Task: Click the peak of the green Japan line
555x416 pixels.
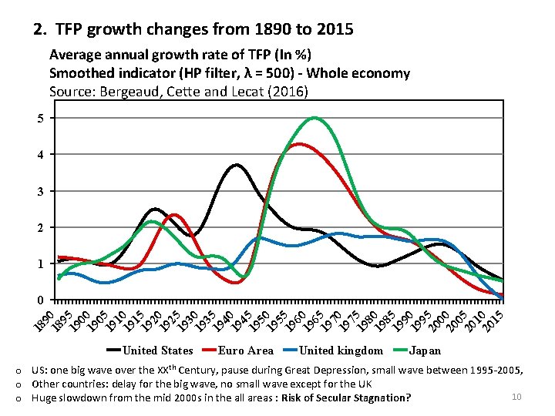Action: click(314, 118)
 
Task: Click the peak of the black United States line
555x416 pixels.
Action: click(236, 165)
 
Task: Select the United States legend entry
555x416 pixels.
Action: click(158, 351)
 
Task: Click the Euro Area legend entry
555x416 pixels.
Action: click(245, 351)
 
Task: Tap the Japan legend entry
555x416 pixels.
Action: click(425, 351)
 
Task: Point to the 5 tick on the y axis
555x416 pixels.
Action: click(40, 118)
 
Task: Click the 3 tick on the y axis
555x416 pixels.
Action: click(40, 191)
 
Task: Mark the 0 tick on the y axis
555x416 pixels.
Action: click(40, 300)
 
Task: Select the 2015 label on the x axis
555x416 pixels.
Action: click(494, 317)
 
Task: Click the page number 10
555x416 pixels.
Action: click(516, 396)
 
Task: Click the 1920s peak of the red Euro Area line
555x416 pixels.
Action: click(174, 215)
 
